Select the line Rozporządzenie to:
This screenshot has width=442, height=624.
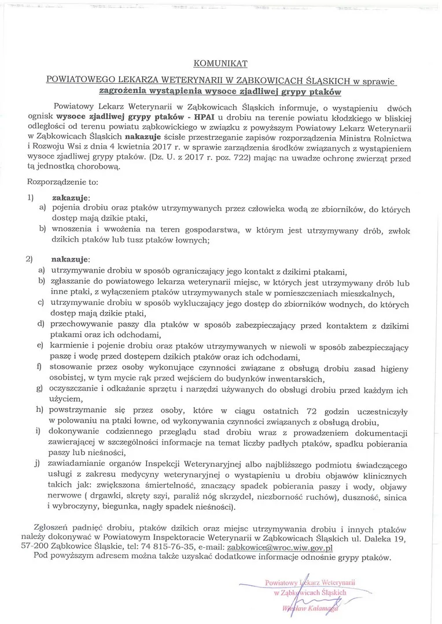pyautogui.click(x=62, y=181)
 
